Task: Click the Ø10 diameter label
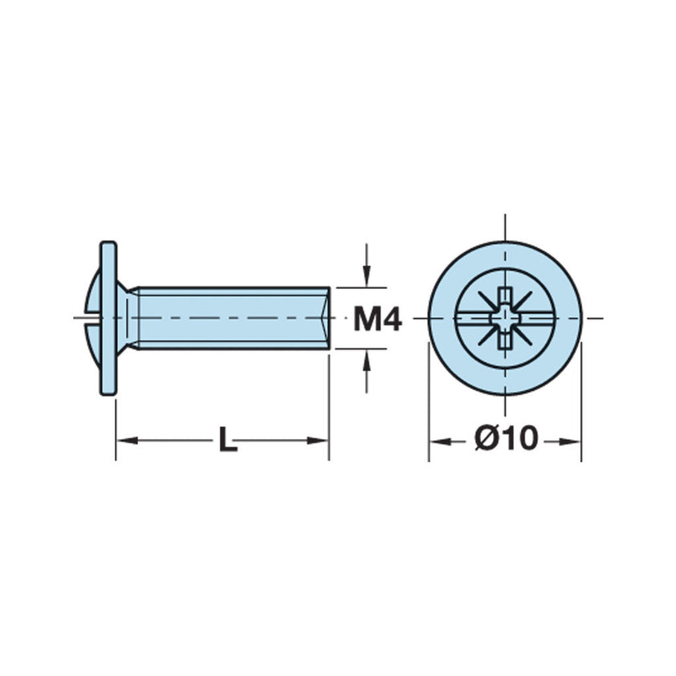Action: point(505,439)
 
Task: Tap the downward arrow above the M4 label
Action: point(367,277)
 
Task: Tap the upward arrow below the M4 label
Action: point(367,360)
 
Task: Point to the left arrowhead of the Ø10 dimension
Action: point(438,441)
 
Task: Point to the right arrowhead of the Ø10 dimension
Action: point(572,441)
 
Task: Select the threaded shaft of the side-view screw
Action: point(233,318)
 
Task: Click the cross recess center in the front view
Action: point(504,319)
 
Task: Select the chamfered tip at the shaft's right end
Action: point(325,318)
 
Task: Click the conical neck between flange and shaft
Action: point(127,318)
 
